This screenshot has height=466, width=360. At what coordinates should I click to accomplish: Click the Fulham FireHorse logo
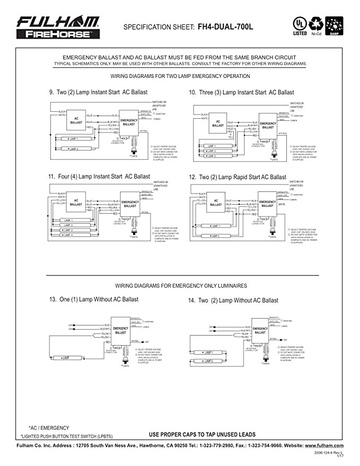[57, 27]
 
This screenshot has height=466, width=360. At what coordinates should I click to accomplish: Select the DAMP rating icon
[335, 26]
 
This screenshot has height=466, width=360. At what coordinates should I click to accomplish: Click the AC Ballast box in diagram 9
[76, 120]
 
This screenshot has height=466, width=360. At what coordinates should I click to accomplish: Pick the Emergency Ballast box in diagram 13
[121, 330]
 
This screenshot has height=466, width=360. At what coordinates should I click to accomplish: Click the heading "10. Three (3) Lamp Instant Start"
[241, 92]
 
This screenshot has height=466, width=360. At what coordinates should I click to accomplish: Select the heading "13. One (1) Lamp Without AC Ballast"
[94, 300]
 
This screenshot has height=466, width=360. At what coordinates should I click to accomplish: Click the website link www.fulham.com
[324, 446]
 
